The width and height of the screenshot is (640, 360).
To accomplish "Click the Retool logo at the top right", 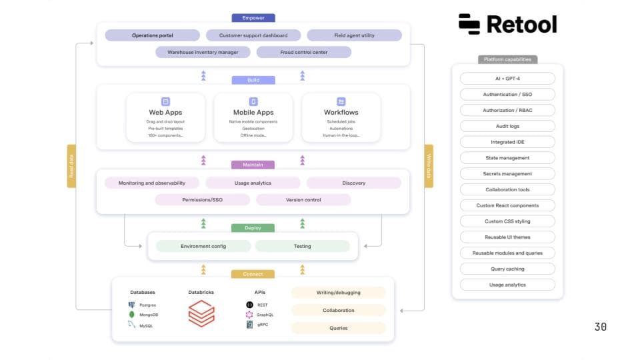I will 507,24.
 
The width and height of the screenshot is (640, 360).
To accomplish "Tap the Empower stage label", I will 253,18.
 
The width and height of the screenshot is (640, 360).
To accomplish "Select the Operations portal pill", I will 153,35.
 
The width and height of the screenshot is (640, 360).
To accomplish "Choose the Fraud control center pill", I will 303,52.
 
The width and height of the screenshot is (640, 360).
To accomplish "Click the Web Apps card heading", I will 165,113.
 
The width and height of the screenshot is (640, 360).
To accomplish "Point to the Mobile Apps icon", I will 253,101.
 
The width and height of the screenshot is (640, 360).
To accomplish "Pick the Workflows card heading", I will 341,113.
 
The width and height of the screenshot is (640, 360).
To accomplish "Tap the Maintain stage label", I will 253,165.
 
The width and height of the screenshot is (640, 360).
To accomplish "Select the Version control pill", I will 303,199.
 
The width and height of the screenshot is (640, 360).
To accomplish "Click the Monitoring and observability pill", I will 152,183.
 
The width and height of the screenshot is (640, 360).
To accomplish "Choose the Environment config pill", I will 203,246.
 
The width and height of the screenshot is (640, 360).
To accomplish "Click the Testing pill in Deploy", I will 303,246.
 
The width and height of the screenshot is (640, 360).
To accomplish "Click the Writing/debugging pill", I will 339,293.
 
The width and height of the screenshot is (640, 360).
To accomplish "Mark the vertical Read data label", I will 71,166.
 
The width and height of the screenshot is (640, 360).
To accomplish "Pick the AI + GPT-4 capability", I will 507,78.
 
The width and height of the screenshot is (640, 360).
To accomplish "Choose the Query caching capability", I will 507,269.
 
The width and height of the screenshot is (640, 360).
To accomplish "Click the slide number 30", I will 600,327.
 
